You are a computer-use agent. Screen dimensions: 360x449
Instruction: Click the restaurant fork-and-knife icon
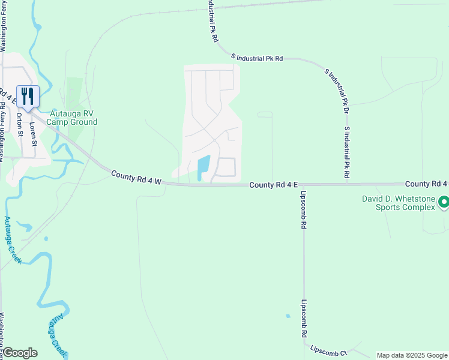pos(28,96)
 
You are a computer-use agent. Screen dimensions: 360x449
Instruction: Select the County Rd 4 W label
pos(136,178)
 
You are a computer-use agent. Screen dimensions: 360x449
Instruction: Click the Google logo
pos(20,353)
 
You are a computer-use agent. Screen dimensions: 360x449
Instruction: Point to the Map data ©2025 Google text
pos(411,355)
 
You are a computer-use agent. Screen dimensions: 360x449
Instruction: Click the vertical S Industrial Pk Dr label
pos(346,152)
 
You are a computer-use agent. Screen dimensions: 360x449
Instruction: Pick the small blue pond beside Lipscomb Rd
pos(288,316)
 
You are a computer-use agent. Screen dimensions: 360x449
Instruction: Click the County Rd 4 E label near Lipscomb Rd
pos(274,185)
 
